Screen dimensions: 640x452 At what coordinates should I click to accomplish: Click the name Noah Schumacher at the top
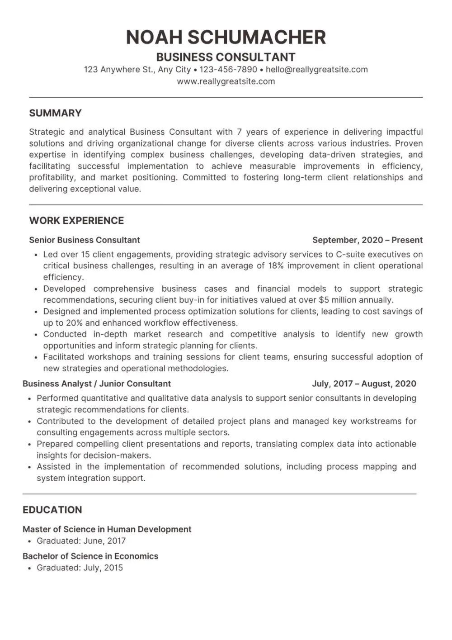pos(226,37)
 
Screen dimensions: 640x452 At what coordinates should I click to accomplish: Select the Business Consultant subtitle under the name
pos(226,57)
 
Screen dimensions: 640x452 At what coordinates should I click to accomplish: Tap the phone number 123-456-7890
pos(228,70)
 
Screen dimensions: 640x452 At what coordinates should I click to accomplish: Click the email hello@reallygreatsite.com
pos(316,70)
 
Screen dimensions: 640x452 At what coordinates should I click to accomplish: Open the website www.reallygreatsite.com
pos(226,81)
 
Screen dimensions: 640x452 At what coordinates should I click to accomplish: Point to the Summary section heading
pos(55,113)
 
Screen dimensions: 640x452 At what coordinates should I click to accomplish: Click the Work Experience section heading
pos(76,221)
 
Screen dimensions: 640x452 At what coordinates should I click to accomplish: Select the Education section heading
pos(52,510)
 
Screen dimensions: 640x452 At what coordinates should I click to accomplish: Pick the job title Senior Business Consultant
pos(85,240)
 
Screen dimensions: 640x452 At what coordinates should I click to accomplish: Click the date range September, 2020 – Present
pos(367,240)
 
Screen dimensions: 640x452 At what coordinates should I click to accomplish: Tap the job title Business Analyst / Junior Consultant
pos(97,384)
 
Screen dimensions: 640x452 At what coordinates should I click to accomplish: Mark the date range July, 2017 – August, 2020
pos(364,384)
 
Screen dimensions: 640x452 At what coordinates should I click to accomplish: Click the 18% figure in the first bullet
pos(276,266)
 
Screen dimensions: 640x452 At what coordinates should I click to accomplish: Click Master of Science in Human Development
pos(107,529)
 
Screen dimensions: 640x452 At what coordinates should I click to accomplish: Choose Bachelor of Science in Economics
pos(90,556)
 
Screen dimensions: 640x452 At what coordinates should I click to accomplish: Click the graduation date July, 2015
pos(103,568)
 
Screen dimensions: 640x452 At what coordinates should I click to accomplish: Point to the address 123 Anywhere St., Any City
pos(137,70)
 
